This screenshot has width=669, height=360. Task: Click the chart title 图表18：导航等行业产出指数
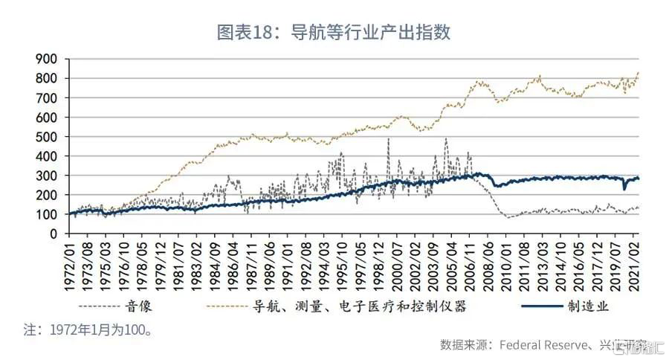tap(334, 33)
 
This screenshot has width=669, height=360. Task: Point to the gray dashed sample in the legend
tap(100, 306)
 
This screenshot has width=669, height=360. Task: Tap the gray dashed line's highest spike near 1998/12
tap(388, 139)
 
